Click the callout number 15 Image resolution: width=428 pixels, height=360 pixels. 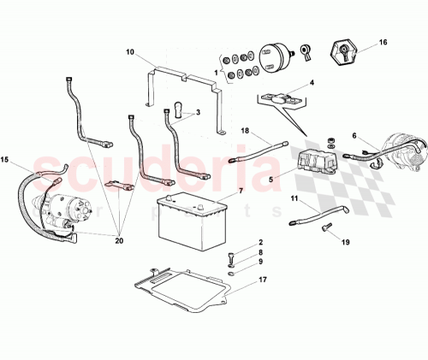coord(5,160)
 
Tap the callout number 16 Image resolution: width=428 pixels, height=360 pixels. coord(383,41)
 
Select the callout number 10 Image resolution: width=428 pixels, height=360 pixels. coord(130,52)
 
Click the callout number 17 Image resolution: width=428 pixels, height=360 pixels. coord(262,279)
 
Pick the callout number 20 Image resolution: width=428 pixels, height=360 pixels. coord(118,242)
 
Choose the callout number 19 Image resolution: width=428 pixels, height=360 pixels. coord(346,243)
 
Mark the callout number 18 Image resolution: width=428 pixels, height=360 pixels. coord(245,131)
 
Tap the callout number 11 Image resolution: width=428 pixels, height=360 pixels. coord(293,198)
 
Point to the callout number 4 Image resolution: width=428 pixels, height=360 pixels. coord(312,83)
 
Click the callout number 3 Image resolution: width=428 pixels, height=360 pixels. coord(198,112)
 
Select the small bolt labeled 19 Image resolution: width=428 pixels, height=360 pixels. coord(326,227)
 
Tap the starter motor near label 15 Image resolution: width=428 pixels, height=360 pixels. coord(64,214)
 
